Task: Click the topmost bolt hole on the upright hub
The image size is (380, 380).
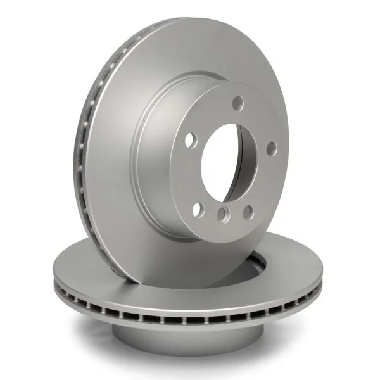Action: pos(237,103)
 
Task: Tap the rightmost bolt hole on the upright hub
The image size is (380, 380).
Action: pos(271,148)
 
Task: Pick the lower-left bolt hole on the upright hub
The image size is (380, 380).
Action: pos(198,208)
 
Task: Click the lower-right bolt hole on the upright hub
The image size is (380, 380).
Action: pos(248,212)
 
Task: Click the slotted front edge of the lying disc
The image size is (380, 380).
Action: pos(190,317)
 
